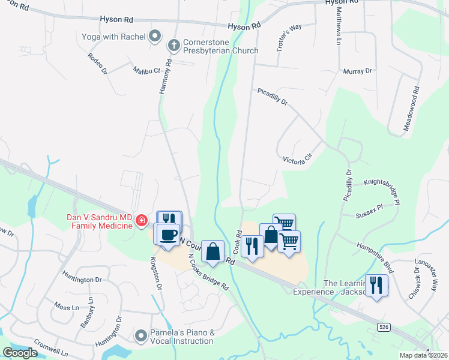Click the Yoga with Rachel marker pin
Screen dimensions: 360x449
[155, 37]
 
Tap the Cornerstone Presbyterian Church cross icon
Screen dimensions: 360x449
[173, 44]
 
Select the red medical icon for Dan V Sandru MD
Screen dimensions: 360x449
[142, 221]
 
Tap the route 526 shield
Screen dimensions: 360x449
[384, 326]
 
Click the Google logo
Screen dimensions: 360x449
[20, 353]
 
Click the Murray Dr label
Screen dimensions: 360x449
[357, 71]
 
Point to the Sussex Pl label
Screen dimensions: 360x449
[377, 209]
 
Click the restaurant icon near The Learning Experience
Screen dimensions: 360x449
[376, 284]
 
